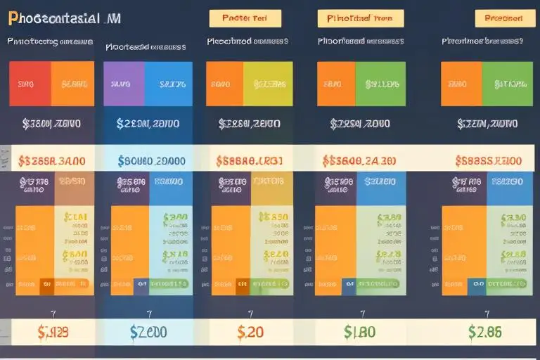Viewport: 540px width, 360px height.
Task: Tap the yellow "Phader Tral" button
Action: click(x=245, y=18)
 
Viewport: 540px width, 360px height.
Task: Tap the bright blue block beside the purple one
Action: click(x=169, y=84)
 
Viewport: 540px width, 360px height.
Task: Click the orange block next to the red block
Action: click(x=73, y=84)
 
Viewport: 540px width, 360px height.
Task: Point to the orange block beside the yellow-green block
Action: click(x=224, y=84)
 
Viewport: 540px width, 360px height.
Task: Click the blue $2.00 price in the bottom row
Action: click(x=148, y=331)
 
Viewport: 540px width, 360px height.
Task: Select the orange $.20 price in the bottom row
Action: click(x=250, y=331)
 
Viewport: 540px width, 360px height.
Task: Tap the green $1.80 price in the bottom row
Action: click(x=359, y=331)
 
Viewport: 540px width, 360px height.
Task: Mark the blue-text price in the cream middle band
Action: click(x=151, y=161)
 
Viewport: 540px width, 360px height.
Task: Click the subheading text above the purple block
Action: click(x=146, y=47)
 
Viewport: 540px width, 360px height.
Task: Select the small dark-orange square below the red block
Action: click(x=46, y=284)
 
